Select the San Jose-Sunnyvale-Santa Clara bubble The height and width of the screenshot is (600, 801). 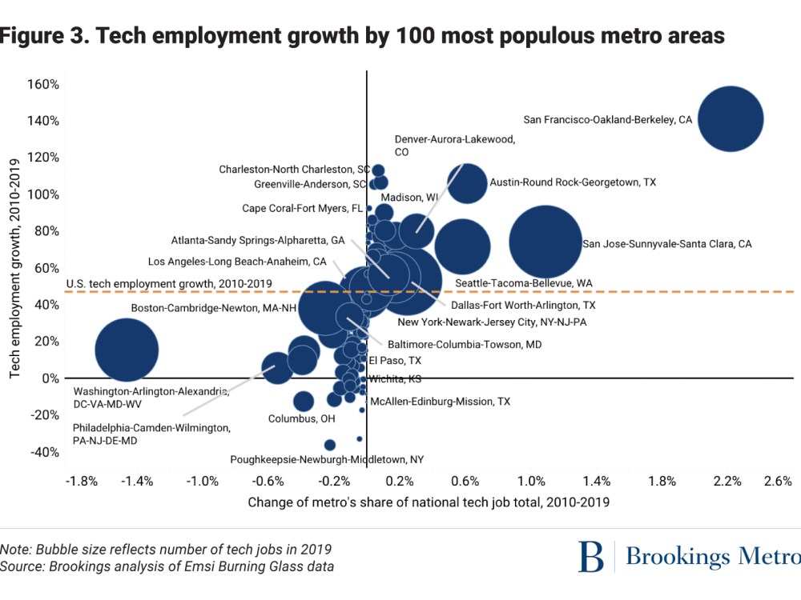[x=545, y=242]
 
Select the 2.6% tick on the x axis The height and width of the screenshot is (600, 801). [x=778, y=482]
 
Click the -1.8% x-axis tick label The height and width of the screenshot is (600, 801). [x=81, y=482]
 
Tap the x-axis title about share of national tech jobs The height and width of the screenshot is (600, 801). [x=429, y=502]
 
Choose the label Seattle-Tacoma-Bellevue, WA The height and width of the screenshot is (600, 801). [x=524, y=283]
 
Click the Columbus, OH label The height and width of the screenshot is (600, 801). [x=301, y=418]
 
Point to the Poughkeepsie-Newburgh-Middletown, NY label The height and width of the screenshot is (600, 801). [x=327, y=460]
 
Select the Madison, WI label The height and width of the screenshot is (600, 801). [x=409, y=198]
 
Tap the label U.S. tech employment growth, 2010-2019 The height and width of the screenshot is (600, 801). [x=168, y=283]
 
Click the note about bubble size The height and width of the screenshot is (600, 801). [x=166, y=550]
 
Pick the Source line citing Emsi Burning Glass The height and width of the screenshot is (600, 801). [x=167, y=566]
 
